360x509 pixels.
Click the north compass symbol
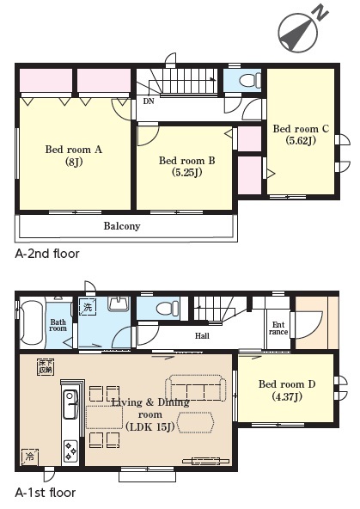(300, 32)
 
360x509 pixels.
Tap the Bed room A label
(74, 155)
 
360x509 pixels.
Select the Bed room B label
(186, 166)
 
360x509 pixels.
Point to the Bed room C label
(301, 134)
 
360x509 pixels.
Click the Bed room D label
(287, 390)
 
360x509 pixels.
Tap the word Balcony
(122, 226)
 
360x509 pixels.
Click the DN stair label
(149, 101)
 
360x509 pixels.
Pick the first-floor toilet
(168, 308)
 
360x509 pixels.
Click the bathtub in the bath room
(31, 322)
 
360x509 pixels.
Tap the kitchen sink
(70, 404)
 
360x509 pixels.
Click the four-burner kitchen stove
(70, 451)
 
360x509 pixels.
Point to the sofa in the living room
(195, 389)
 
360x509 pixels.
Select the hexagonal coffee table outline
(196, 422)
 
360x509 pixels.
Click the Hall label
(202, 335)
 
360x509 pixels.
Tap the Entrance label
(278, 328)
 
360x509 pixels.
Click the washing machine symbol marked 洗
(88, 307)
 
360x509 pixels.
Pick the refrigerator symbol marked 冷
(30, 457)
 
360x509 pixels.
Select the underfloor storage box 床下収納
(46, 367)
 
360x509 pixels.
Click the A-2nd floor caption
(47, 254)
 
